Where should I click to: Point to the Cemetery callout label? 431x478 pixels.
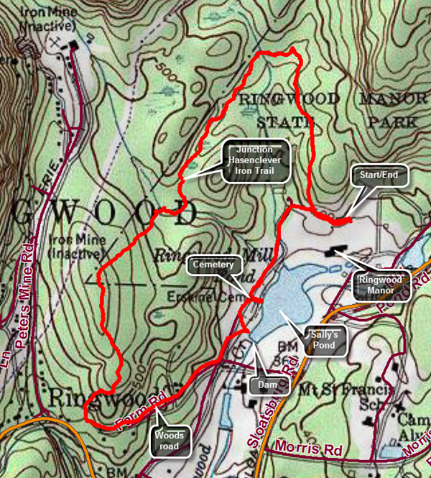click(x=212, y=265)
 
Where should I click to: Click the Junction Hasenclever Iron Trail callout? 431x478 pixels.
click(x=256, y=161)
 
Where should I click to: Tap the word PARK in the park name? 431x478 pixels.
click(x=392, y=122)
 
